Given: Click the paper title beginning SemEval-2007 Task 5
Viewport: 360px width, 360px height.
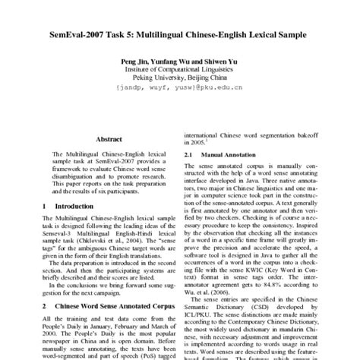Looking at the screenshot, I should (x=179, y=36).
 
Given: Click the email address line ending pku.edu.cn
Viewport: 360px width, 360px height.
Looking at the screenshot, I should (x=179, y=87).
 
